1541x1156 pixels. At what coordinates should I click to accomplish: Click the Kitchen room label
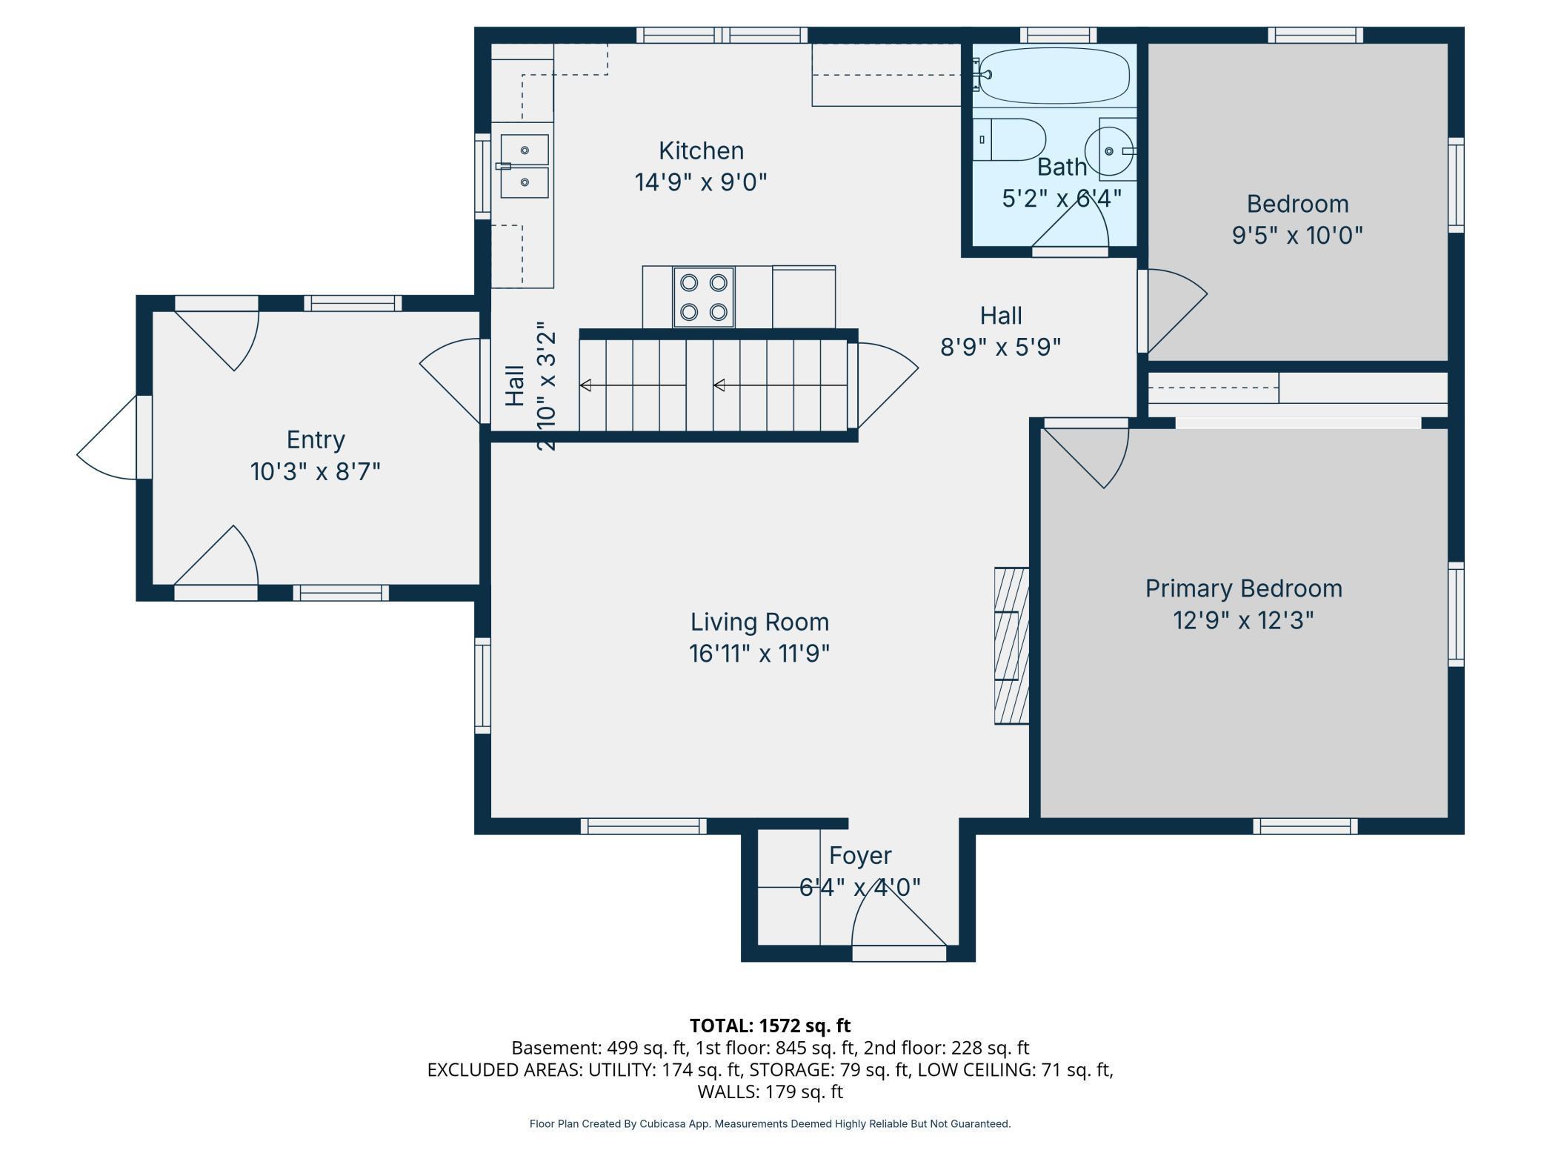pos(701,151)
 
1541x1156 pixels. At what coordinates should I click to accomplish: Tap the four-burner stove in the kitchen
pos(703,296)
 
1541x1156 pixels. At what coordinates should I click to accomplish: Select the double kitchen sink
pos(524,166)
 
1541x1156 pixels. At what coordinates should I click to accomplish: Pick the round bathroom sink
pos(1108,151)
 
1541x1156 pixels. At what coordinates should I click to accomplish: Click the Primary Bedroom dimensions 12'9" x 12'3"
pos(1243,620)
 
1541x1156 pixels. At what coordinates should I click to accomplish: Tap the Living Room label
pos(759,622)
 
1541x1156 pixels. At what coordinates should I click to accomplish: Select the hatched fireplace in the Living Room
pos(1011,645)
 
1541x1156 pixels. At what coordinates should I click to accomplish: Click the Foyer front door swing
pos(896,919)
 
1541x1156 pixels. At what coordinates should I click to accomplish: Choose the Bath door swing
pos(1074,226)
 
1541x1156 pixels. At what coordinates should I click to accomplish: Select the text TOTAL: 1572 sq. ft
pos(770,1026)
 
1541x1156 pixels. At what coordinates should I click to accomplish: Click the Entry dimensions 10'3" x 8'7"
pos(316,471)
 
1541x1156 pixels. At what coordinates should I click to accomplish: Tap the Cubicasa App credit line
pos(770,1124)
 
